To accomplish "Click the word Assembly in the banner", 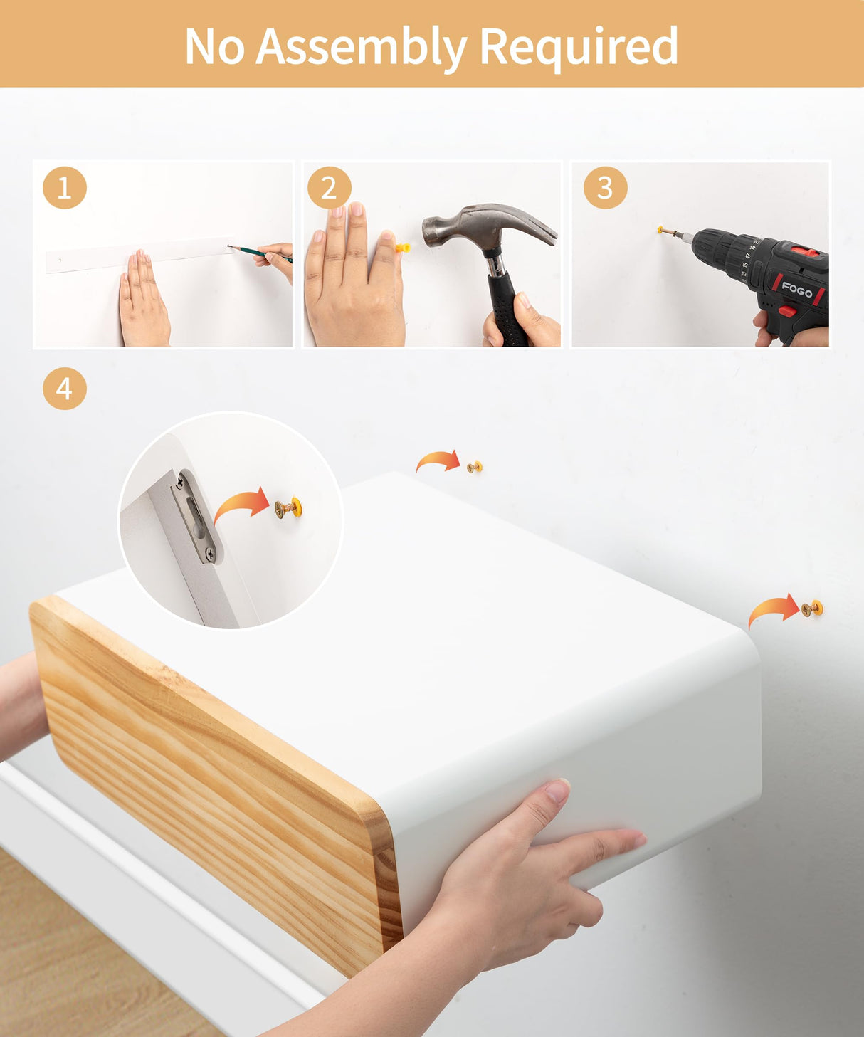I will click(x=361, y=47).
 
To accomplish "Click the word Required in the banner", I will click(x=579, y=47).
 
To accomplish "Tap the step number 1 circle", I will click(x=65, y=188).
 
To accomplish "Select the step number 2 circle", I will click(x=329, y=188).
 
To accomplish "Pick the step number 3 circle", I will click(x=605, y=188).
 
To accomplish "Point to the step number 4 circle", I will click(x=65, y=389).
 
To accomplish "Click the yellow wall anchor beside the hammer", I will click(x=402, y=248).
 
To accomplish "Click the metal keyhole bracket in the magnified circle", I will click(x=197, y=517).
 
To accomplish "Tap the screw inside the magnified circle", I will click(x=287, y=507).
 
